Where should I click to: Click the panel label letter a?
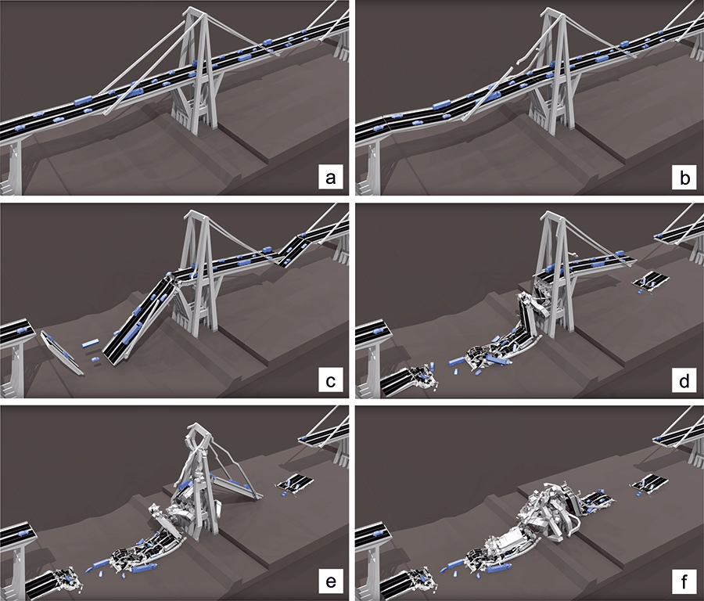[330, 178]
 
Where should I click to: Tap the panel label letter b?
[684, 178]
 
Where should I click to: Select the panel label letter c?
[330, 381]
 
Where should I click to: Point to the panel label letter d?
[684, 380]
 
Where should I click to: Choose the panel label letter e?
[330, 581]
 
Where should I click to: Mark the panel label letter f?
[684, 581]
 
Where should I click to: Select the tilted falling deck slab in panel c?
[63, 353]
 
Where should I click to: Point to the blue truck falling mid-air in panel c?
[90, 344]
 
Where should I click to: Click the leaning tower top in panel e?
[198, 431]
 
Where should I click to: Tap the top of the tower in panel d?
[551, 217]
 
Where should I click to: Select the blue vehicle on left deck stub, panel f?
[379, 533]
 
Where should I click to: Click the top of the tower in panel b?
[551, 12]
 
